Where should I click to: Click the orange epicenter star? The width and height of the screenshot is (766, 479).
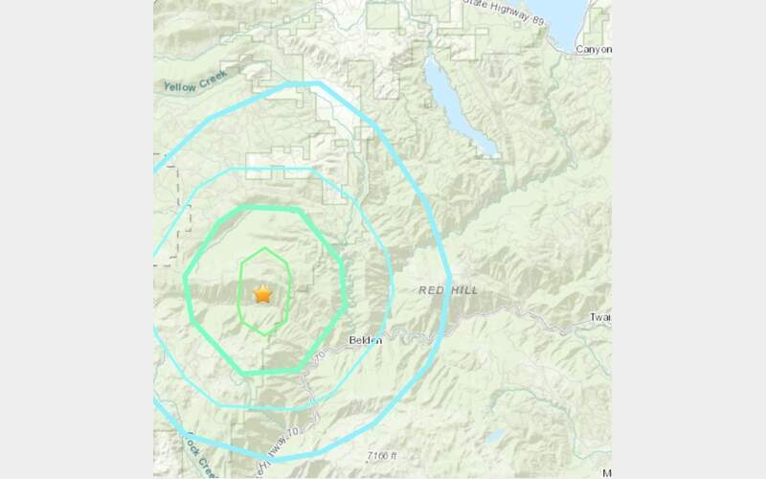262,294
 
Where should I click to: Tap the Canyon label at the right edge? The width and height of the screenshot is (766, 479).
594,47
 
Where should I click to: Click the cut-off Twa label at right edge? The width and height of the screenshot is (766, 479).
601,317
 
